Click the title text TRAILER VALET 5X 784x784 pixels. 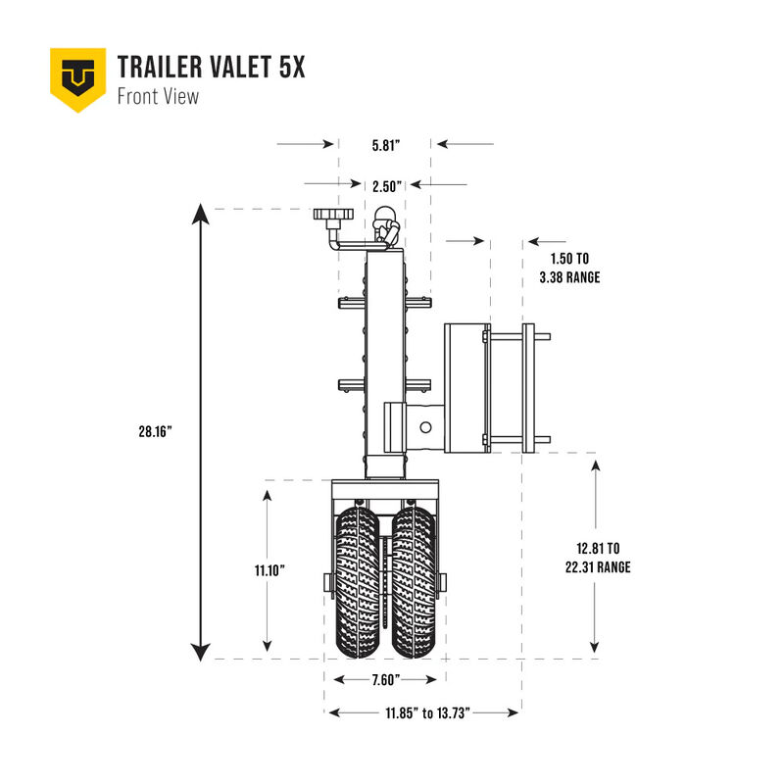(211, 68)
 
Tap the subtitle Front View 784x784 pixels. (158, 96)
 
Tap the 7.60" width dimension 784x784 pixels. (385, 681)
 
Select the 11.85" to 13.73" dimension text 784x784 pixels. (422, 713)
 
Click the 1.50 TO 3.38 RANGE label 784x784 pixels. (569, 269)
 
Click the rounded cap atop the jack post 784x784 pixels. (385, 218)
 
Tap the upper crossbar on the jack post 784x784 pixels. (384, 304)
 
